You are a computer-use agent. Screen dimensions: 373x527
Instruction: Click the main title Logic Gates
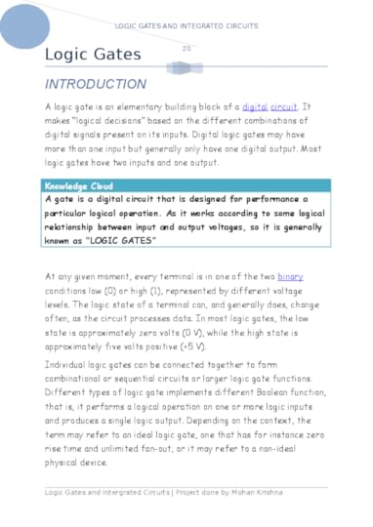93,55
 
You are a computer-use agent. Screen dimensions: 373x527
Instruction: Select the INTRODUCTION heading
96,84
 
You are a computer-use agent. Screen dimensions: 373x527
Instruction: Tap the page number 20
186,48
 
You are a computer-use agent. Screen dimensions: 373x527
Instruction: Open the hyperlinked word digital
254,104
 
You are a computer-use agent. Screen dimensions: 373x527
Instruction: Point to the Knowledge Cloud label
79,185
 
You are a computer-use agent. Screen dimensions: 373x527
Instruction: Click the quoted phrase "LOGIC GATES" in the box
122,237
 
